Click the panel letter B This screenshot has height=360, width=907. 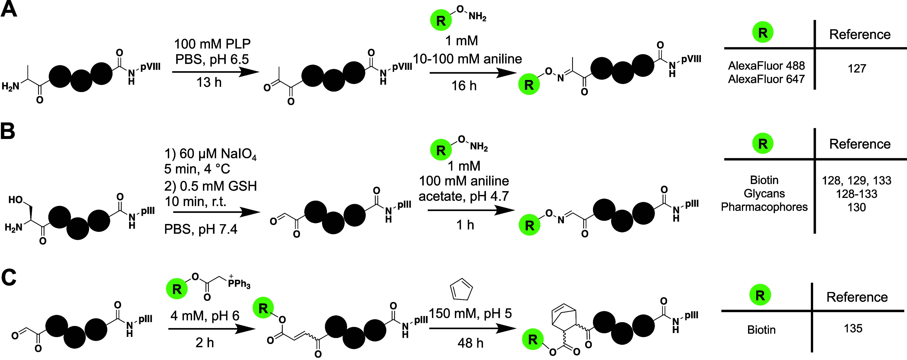pyautogui.click(x=8, y=131)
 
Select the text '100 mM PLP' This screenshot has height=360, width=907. pyautogui.click(x=212, y=44)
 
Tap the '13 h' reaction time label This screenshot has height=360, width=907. pyautogui.click(x=209, y=82)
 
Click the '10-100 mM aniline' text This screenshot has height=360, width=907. pyautogui.click(x=467, y=59)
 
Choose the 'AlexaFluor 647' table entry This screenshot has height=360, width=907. pyautogui.click(x=766, y=79)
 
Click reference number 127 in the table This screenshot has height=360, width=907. pyautogui.click(x=857, y=68)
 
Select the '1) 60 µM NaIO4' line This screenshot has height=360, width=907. pyautogui.click(x=210, y=154)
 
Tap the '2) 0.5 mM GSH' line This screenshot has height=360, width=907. pyautogui.click(x=210, y=186)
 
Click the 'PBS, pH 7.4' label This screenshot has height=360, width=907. pyautogui.click(x=201, y=229)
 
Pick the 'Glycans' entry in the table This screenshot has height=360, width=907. pyautogui.click(x=764, y=194)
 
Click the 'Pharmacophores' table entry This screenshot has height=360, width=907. pyautogui.click(x=764, y=207)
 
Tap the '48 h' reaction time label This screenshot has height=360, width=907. pyautogui.click(x=471, y=343)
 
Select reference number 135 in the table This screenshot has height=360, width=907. pyautogui.click(x=853, y=328)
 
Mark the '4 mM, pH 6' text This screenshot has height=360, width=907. pyautogui.click(x=205, y=316)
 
